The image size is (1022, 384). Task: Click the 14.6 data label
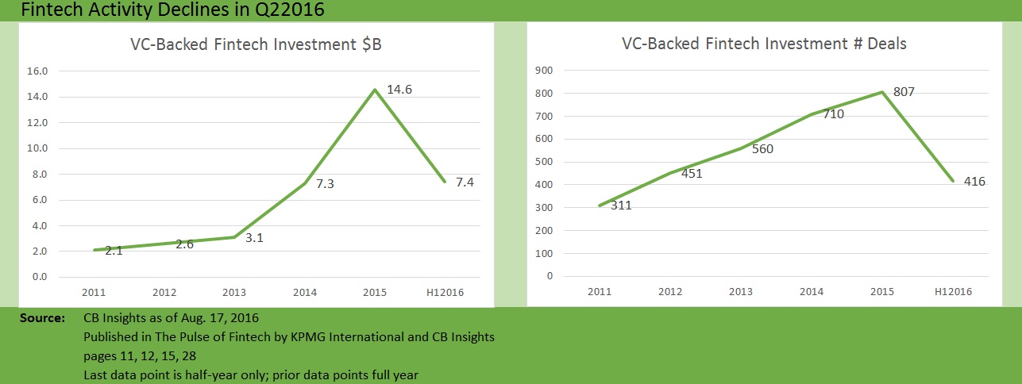click(x=399, y=90)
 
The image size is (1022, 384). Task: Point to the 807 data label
click(x=904, y=92)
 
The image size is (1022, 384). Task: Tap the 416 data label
click(x=974, y=182)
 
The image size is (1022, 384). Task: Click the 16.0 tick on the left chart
click(x=37, y=71)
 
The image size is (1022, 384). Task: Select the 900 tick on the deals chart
click(x=544, y=71)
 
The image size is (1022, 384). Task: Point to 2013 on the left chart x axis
click(x=236, y=292)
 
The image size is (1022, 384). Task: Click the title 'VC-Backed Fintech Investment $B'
click(x=256, y=44)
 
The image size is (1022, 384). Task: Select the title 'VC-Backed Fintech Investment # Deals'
click(x=764, y=44)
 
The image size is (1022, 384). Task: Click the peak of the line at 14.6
click(x=373, y=90)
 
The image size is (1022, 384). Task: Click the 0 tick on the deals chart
click(x=549, y=277)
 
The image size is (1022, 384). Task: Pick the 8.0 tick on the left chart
click(x=40, y=175)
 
